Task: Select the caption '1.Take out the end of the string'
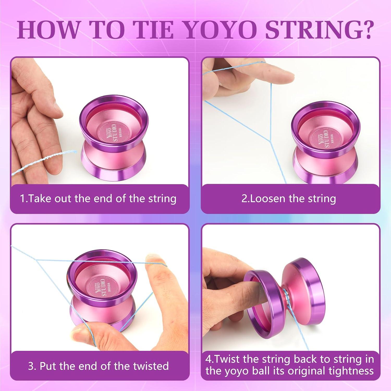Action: (98, 199)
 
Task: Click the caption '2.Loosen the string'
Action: (289, 199)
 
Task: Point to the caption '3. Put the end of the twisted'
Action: (98, 366)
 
